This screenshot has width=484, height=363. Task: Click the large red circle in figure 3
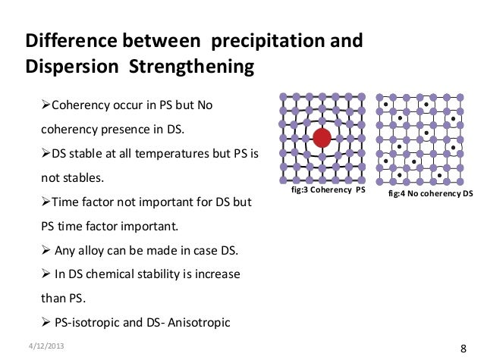pos(322,137)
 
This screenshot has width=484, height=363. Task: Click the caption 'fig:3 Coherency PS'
pos(328,191)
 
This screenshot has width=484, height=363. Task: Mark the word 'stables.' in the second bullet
pos(82,179)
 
